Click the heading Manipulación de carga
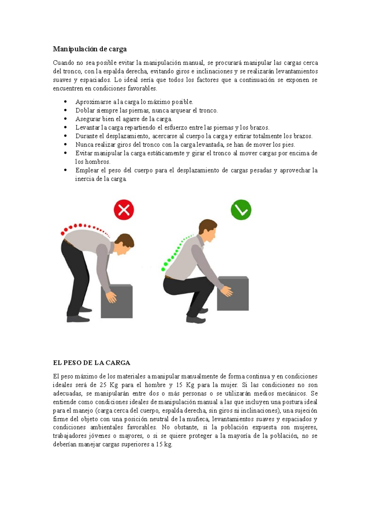90,49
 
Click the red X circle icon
124,210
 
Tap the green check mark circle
241,210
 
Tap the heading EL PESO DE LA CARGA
92,363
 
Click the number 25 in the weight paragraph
103,385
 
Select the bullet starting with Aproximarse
134,102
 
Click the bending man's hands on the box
111,297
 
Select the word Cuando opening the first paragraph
63,63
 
